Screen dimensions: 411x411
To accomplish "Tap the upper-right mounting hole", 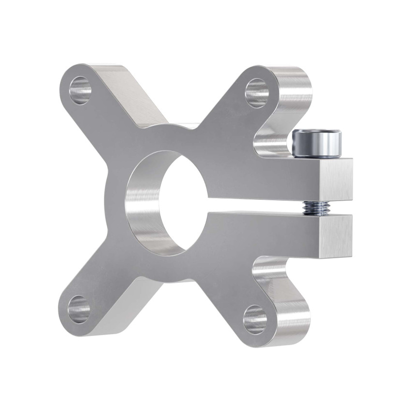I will tap(257, 92).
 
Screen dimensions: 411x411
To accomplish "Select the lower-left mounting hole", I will tap(79, 309).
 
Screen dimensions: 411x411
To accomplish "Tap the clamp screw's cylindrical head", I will tap(317, 144).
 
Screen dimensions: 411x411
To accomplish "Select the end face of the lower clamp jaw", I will tap(335, 236).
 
